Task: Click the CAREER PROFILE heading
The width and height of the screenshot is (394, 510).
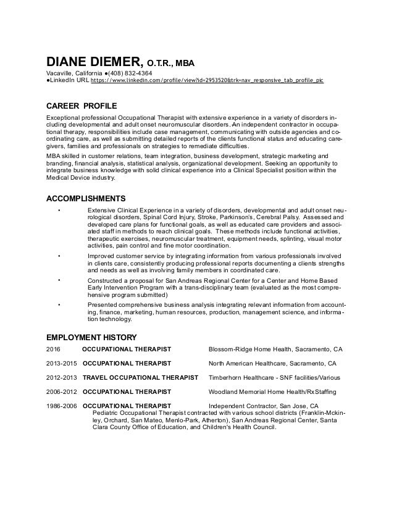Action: (82, 106)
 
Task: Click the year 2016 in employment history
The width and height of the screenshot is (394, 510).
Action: (54, 349)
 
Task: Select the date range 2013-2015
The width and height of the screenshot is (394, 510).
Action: (62, 363)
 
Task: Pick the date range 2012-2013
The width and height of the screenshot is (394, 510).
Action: (62, 377)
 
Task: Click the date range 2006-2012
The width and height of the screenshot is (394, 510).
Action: (62, 391)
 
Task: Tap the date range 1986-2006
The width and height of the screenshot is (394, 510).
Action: (62, 406)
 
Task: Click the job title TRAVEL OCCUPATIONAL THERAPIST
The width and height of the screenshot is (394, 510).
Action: (141, 377)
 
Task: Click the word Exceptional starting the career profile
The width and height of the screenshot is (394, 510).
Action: (66, 117)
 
